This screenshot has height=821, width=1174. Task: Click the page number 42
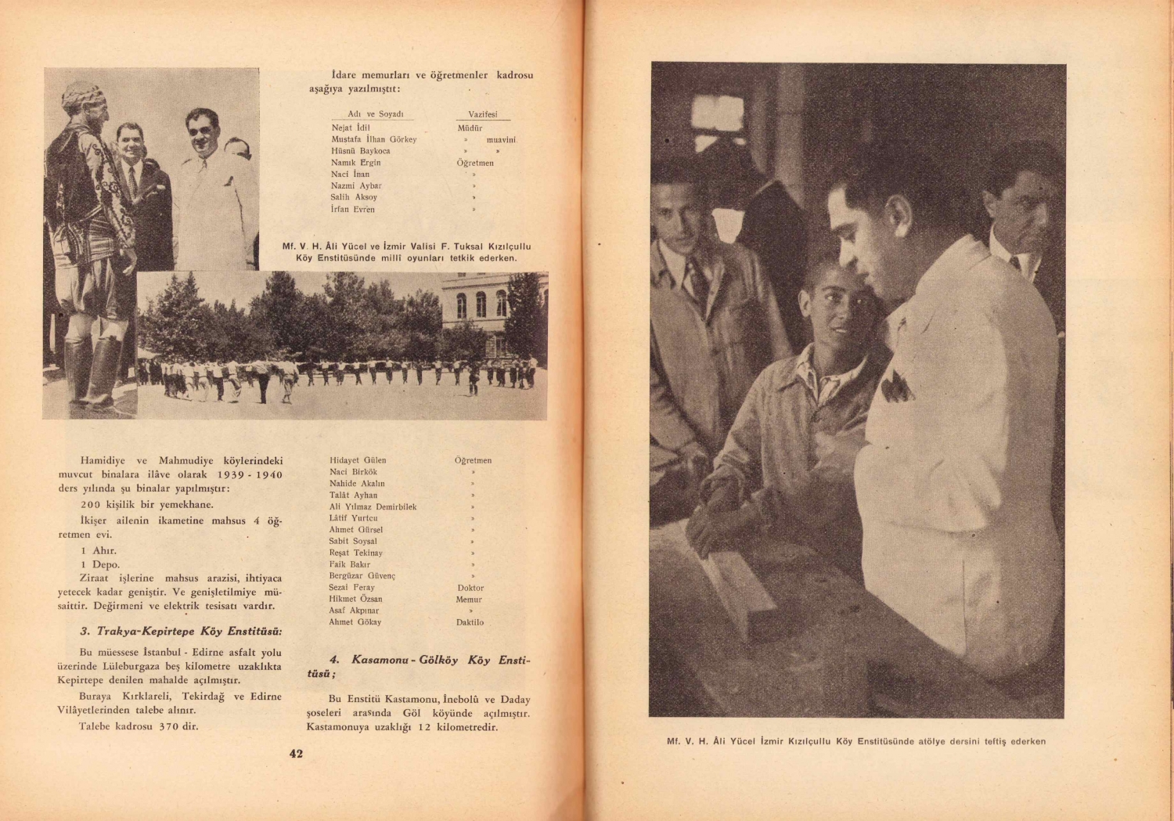coord(296,754)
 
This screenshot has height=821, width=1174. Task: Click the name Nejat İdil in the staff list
coord(350,128)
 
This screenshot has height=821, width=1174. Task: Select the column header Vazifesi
coord(482,114)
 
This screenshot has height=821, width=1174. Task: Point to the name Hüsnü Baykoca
coord(360,151)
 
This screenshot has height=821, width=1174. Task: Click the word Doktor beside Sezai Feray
coord(470,588)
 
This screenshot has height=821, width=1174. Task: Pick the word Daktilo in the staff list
coord(470,623)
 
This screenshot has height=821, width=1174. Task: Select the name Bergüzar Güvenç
coord(362,576)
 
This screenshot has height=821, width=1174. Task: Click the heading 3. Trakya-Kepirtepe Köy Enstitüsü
coord(181,632)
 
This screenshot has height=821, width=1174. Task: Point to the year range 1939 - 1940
coord(250,475)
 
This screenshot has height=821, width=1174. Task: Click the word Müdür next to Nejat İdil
coord(470,128)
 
